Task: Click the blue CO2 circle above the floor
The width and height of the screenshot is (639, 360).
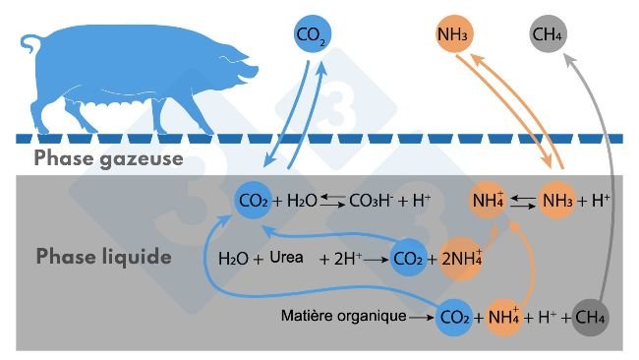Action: tap(311, 37)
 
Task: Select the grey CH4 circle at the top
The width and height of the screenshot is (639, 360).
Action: tap(548, 37)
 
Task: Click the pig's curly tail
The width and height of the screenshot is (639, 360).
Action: tap(29, 44)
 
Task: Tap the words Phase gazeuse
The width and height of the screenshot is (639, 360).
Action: tap(108, 157)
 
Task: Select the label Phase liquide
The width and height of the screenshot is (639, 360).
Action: tap(104, 258)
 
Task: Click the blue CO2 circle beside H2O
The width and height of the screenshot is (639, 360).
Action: tap(253, 201)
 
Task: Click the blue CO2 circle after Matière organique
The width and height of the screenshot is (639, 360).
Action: tap(453, 317)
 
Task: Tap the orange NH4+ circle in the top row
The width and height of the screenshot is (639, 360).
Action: tap(489, 201)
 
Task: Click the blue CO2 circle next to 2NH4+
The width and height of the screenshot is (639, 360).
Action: tap(408, 260)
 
